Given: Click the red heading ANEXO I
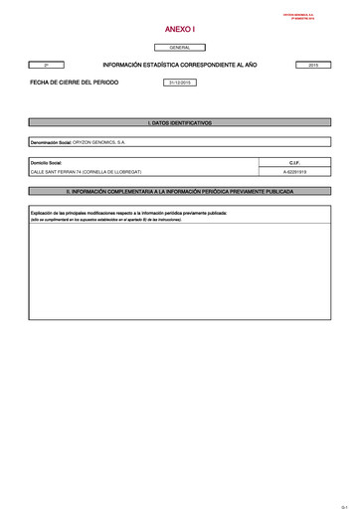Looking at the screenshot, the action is pyautogui.click(x=180, y=30).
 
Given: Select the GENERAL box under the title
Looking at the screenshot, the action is pyautogui.click(x=180, y=47).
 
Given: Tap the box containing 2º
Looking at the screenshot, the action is pyautogui.click(x=47, y=64).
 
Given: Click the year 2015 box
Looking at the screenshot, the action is pyautogui.click(x=313, y=64).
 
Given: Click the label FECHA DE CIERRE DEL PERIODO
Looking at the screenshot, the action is pyautogui.click(x=74, y=83).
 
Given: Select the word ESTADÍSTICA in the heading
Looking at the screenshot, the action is pyautogui.click(x=172, y=64).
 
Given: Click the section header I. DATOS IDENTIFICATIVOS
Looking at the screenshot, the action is pyautogui.click(x=180, y=122).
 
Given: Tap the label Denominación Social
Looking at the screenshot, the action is pyautogui.click(x=52, y=142).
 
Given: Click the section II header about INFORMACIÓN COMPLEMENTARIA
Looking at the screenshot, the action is pyautogui.click(x=180, y=189).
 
